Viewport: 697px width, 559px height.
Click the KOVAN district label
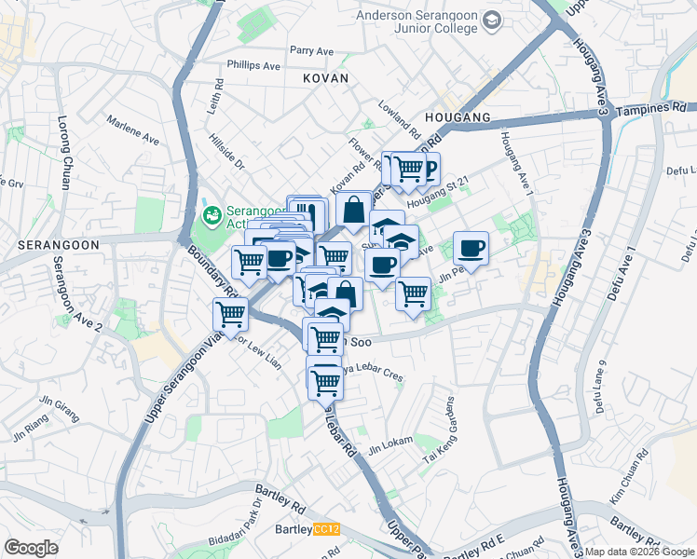[325, 79]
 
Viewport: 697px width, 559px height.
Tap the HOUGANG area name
[457, 118]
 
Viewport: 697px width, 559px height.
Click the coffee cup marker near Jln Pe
[471, 248]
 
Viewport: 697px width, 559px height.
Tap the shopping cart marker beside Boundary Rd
[230, 315]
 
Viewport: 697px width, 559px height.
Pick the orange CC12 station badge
[326, 530]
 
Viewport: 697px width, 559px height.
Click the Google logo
[31, 548]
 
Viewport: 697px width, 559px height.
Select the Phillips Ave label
[253, 66]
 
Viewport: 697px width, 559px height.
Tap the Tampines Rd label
[651, 108]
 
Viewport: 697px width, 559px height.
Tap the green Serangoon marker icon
[212, 216]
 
